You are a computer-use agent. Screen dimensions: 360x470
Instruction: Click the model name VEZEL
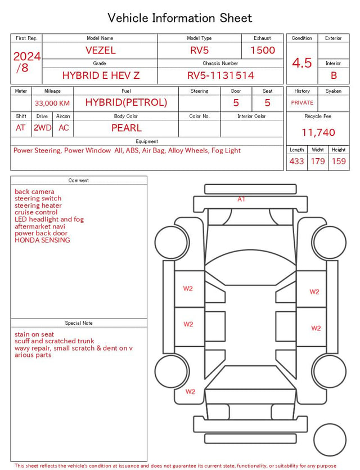tap(101, 50)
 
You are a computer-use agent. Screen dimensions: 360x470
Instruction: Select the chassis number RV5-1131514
tap(220, 75)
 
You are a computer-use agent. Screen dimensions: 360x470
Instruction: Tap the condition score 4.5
tap(302, 62)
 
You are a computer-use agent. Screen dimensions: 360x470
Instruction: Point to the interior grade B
tap(334, 75)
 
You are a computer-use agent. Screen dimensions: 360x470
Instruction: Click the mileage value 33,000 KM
tap(52, 104)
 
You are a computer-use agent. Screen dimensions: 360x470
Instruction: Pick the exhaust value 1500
tap(263, 50)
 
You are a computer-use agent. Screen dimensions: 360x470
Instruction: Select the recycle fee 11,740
tap(318, 132)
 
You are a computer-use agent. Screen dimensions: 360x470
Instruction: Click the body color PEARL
tap(127, 128)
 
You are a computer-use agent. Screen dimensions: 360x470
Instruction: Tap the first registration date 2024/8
tap(26, 62)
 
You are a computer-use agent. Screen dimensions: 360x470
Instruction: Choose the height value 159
tap(339, 161)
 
